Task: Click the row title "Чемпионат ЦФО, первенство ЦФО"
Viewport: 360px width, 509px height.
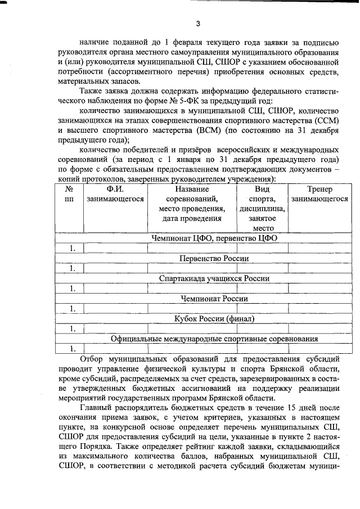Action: click(214, 238)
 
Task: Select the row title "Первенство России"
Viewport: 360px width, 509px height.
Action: click(214, 258)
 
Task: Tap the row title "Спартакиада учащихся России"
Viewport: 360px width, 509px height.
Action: click(214, 278)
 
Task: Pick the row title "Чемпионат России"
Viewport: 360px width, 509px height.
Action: click(214, 299)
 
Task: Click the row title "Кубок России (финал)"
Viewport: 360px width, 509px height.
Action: click(214, 319)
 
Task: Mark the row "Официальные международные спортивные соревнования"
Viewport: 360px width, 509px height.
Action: click(214, 339)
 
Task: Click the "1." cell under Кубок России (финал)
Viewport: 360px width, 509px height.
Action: click(73, 328)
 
